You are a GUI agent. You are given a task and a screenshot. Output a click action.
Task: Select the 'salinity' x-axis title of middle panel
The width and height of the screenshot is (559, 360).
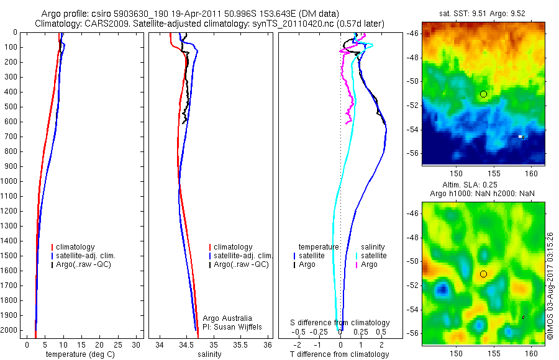click(209, 354)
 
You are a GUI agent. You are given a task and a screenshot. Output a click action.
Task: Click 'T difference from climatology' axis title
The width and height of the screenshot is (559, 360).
click(340, 354)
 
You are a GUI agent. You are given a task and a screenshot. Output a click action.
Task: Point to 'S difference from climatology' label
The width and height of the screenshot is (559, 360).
click(340, 323)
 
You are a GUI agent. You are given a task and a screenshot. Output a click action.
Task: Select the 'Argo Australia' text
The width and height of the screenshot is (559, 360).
click(220, 317)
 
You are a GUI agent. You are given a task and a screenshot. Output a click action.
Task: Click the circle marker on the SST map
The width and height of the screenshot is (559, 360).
click(483, 94)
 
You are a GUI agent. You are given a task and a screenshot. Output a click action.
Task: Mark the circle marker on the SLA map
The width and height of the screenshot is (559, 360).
click(483, 274)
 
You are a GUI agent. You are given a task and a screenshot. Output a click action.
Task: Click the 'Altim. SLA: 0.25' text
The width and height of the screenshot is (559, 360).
click(483, 186)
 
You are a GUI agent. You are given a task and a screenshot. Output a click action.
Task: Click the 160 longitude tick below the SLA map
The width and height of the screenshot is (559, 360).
click(532, 353)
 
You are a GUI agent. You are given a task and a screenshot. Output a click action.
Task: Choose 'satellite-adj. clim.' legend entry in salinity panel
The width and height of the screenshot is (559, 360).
click(243, 256)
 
